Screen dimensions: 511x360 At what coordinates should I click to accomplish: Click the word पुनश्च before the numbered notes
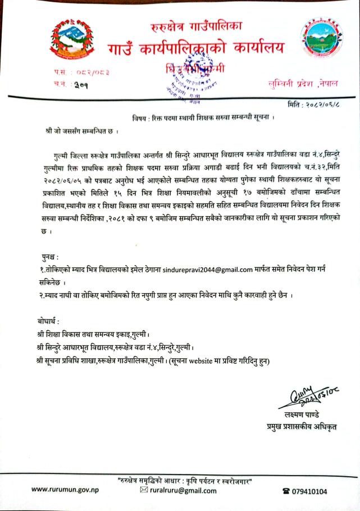pos(46,256)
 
